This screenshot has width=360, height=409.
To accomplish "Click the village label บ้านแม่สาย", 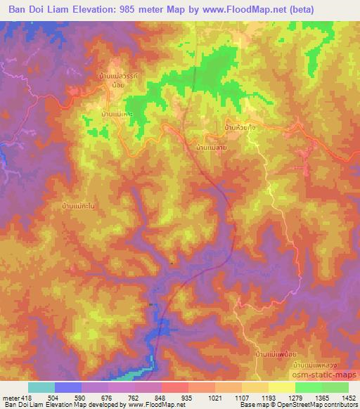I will click(210, 149).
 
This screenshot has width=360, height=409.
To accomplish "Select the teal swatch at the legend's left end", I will click(41, 387).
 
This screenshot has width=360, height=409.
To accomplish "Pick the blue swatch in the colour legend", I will click(67, 387).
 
